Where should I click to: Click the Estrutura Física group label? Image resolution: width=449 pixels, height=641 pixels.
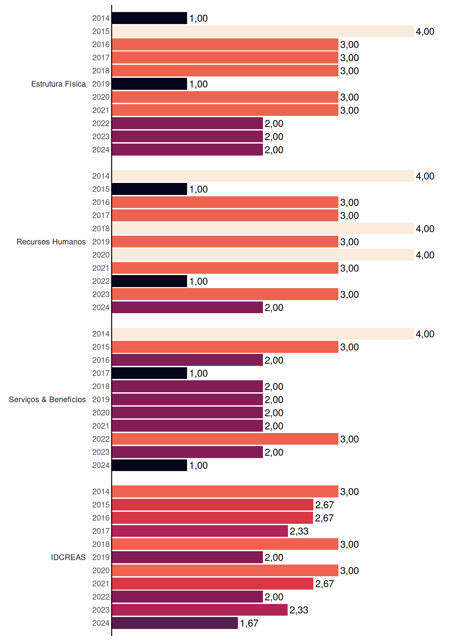[58, 84]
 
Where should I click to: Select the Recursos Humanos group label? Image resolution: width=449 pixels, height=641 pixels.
[51, 242]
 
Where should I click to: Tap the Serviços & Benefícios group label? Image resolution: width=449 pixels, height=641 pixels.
[47, 400]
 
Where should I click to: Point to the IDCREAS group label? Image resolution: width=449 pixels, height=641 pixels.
[68, 557]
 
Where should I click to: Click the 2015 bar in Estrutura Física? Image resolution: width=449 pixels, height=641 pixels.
[263, 31]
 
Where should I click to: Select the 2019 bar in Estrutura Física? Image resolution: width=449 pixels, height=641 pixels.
[150, 84]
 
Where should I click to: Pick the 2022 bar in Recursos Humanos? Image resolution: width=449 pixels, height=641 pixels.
[150, 281]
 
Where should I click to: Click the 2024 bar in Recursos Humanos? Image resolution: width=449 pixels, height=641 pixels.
[187, 307]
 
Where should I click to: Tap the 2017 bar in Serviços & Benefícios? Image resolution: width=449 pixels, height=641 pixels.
[150, 373]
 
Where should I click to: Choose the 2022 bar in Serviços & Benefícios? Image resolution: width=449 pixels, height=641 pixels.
[225, 439]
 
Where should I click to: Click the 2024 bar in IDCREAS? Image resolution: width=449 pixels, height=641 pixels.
[175, 623]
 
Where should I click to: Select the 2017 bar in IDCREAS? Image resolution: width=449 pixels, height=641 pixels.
[200, 531]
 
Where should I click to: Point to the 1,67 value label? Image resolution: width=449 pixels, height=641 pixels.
[249, 623]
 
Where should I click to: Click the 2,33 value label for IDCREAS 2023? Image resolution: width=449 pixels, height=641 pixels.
[299, 610]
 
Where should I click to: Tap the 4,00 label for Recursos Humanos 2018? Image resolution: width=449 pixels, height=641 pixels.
[425, 229]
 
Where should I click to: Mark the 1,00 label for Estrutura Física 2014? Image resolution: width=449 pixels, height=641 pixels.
[198, 18]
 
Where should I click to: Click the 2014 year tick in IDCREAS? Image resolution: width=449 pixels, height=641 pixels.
[101, 491]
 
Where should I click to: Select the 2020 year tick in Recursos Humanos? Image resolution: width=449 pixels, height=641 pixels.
[101, 255]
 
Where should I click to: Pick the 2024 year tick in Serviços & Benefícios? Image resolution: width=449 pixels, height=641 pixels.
[101, 465]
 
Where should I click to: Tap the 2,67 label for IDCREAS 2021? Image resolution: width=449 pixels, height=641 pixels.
[324, 584]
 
